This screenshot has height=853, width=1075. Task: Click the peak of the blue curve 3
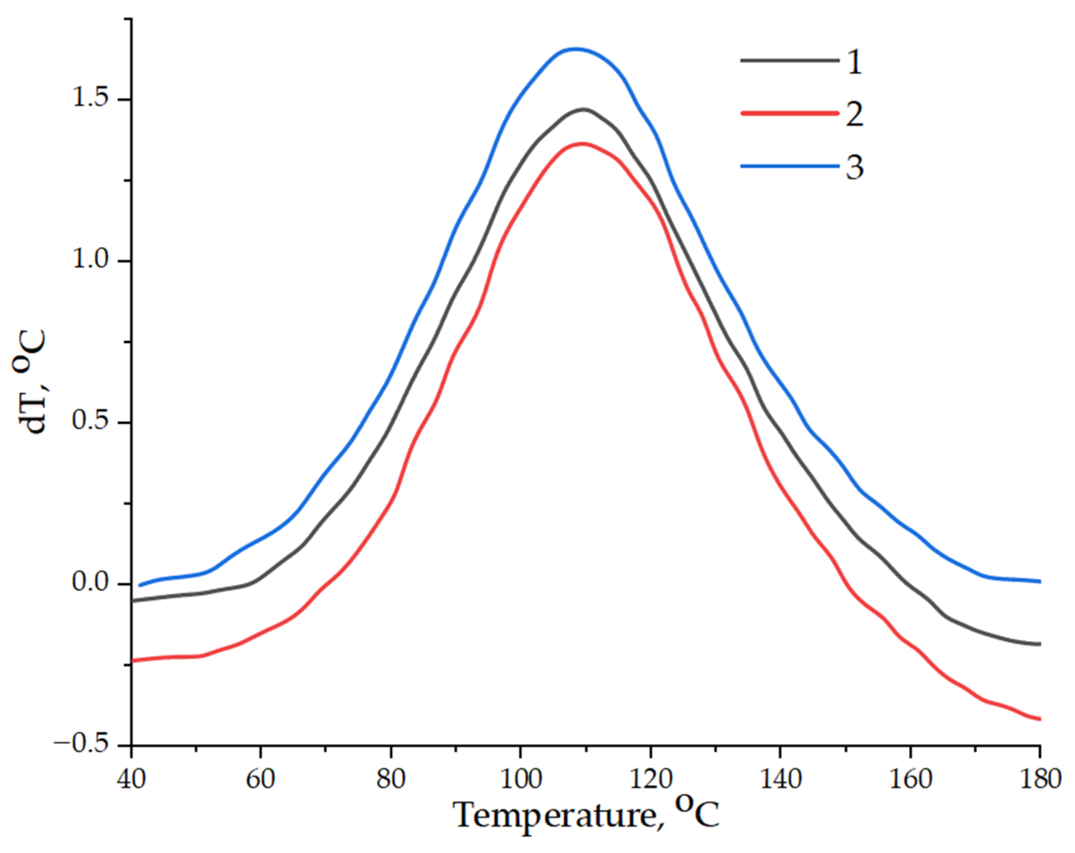coord(576,49)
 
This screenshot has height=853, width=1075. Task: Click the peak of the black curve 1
coord(583,109)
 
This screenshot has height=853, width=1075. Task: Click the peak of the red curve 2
coord(582,144)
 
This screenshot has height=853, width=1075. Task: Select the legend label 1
coord(854,63)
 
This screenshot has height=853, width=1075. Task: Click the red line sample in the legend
coord(789,113)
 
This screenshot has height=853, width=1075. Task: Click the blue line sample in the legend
coord(789,166)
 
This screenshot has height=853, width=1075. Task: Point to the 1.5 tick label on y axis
coord(90,99)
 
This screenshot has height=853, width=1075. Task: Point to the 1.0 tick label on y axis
coord(90,260)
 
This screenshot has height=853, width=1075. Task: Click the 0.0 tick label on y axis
coord(90,582)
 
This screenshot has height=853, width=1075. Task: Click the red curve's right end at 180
coord(1039,719)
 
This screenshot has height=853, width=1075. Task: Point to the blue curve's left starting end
coord(140,585)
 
